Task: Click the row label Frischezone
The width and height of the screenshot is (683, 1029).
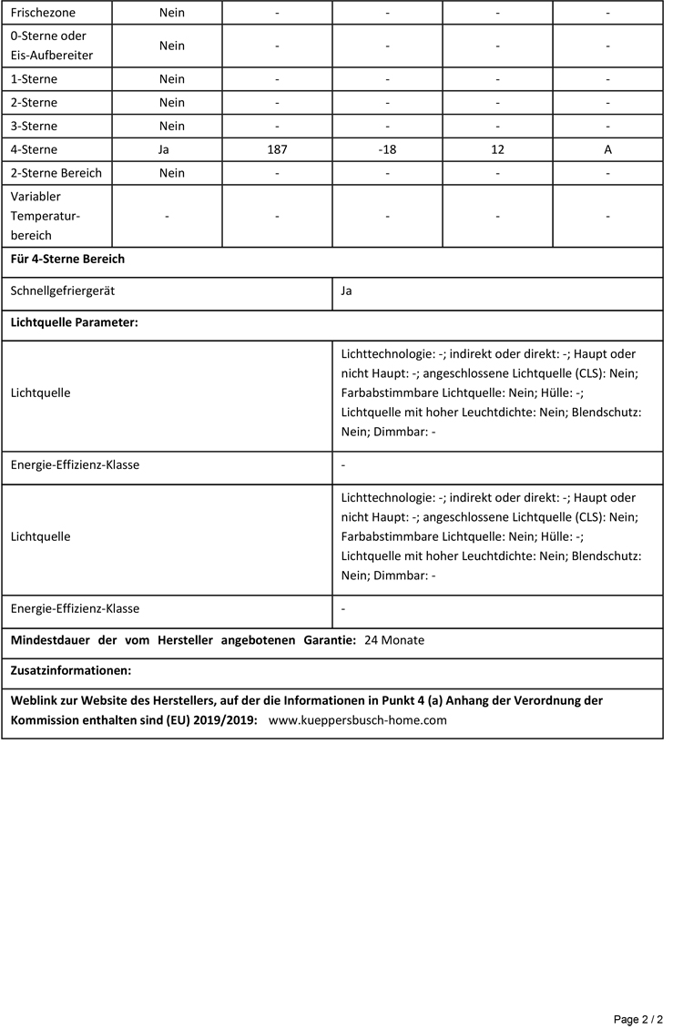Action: pos(43,14)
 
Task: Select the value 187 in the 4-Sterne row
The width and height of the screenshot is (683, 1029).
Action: pos(277,149)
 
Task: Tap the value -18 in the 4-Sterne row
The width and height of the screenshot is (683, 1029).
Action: pos(387,149)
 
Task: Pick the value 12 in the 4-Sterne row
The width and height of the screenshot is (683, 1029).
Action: pos(497,149)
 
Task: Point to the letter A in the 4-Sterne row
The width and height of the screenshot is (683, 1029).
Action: pos(607,149)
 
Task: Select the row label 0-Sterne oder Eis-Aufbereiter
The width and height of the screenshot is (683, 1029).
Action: pos(51,46)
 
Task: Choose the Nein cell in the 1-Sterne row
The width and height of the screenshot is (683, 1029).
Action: pos(171,79)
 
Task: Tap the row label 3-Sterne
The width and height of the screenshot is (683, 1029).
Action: pos(34,126)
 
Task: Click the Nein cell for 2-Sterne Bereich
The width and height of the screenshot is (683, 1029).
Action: pos(171,173)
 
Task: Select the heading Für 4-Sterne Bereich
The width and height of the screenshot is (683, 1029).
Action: pos(67,260)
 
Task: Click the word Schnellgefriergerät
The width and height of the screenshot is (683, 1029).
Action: pos(63,291)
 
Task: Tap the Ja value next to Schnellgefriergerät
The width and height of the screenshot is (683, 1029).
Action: pos(346,291)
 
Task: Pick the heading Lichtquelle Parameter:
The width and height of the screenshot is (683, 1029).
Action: pos(74,323)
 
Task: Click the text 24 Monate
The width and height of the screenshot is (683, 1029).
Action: pos(394,640)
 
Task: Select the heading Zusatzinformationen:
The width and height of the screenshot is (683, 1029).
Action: pos(71,671)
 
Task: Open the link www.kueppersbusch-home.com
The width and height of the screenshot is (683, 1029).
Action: pos(358,719)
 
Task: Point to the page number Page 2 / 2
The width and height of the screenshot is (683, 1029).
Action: pos(637,1019)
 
